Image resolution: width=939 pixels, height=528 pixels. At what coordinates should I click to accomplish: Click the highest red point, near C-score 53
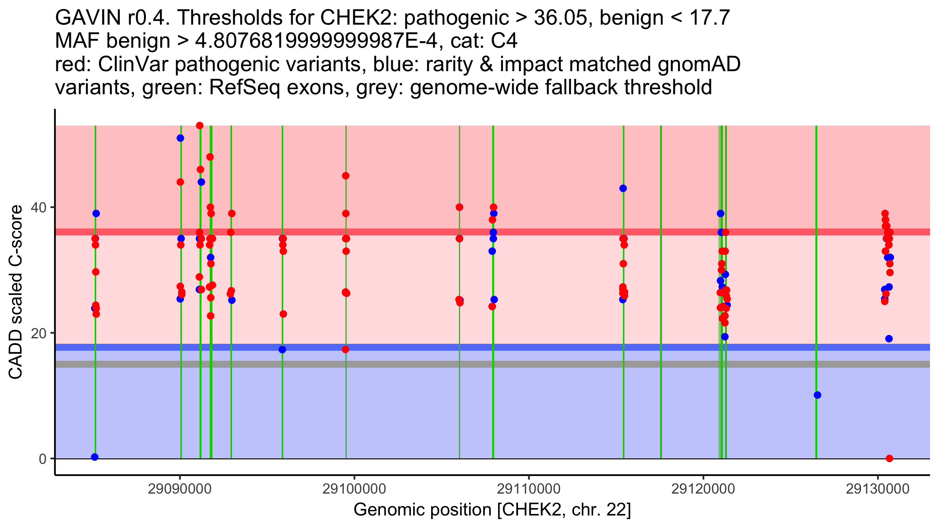pyautogui.click(x=200, y=126)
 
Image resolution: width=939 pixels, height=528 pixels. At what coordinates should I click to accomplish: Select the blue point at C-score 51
pyautogui.click(x=180, y=138)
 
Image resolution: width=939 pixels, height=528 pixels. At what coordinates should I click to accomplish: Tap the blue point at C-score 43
pyautogui.click(x=623, y=188)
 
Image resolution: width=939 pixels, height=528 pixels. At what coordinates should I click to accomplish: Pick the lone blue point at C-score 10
pyautogui.click(x=817, y=395)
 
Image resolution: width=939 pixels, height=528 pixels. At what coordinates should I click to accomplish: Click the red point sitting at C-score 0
pyautogui.click(x=889, y=458)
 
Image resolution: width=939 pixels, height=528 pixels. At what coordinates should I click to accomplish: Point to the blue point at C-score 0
pyautogui.click(x=95, y=457)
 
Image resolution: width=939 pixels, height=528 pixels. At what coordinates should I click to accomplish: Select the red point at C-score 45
pyautogui.click(x=345, y=176)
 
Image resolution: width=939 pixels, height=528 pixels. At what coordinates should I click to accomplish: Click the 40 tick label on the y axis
pyautogui.click(x=40, y=207)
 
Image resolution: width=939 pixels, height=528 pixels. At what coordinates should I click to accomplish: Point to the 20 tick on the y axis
pyautogui.click(x=40, y=333)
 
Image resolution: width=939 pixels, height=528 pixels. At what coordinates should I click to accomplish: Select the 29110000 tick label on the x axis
pyautogui.click(x=529, y=489)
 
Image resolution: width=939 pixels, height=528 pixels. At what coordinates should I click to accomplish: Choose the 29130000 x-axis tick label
pyautogui.click(x=878, y=489)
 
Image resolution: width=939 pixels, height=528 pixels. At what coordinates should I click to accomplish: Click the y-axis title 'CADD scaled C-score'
pyautogui.click(x=16, y=292)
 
